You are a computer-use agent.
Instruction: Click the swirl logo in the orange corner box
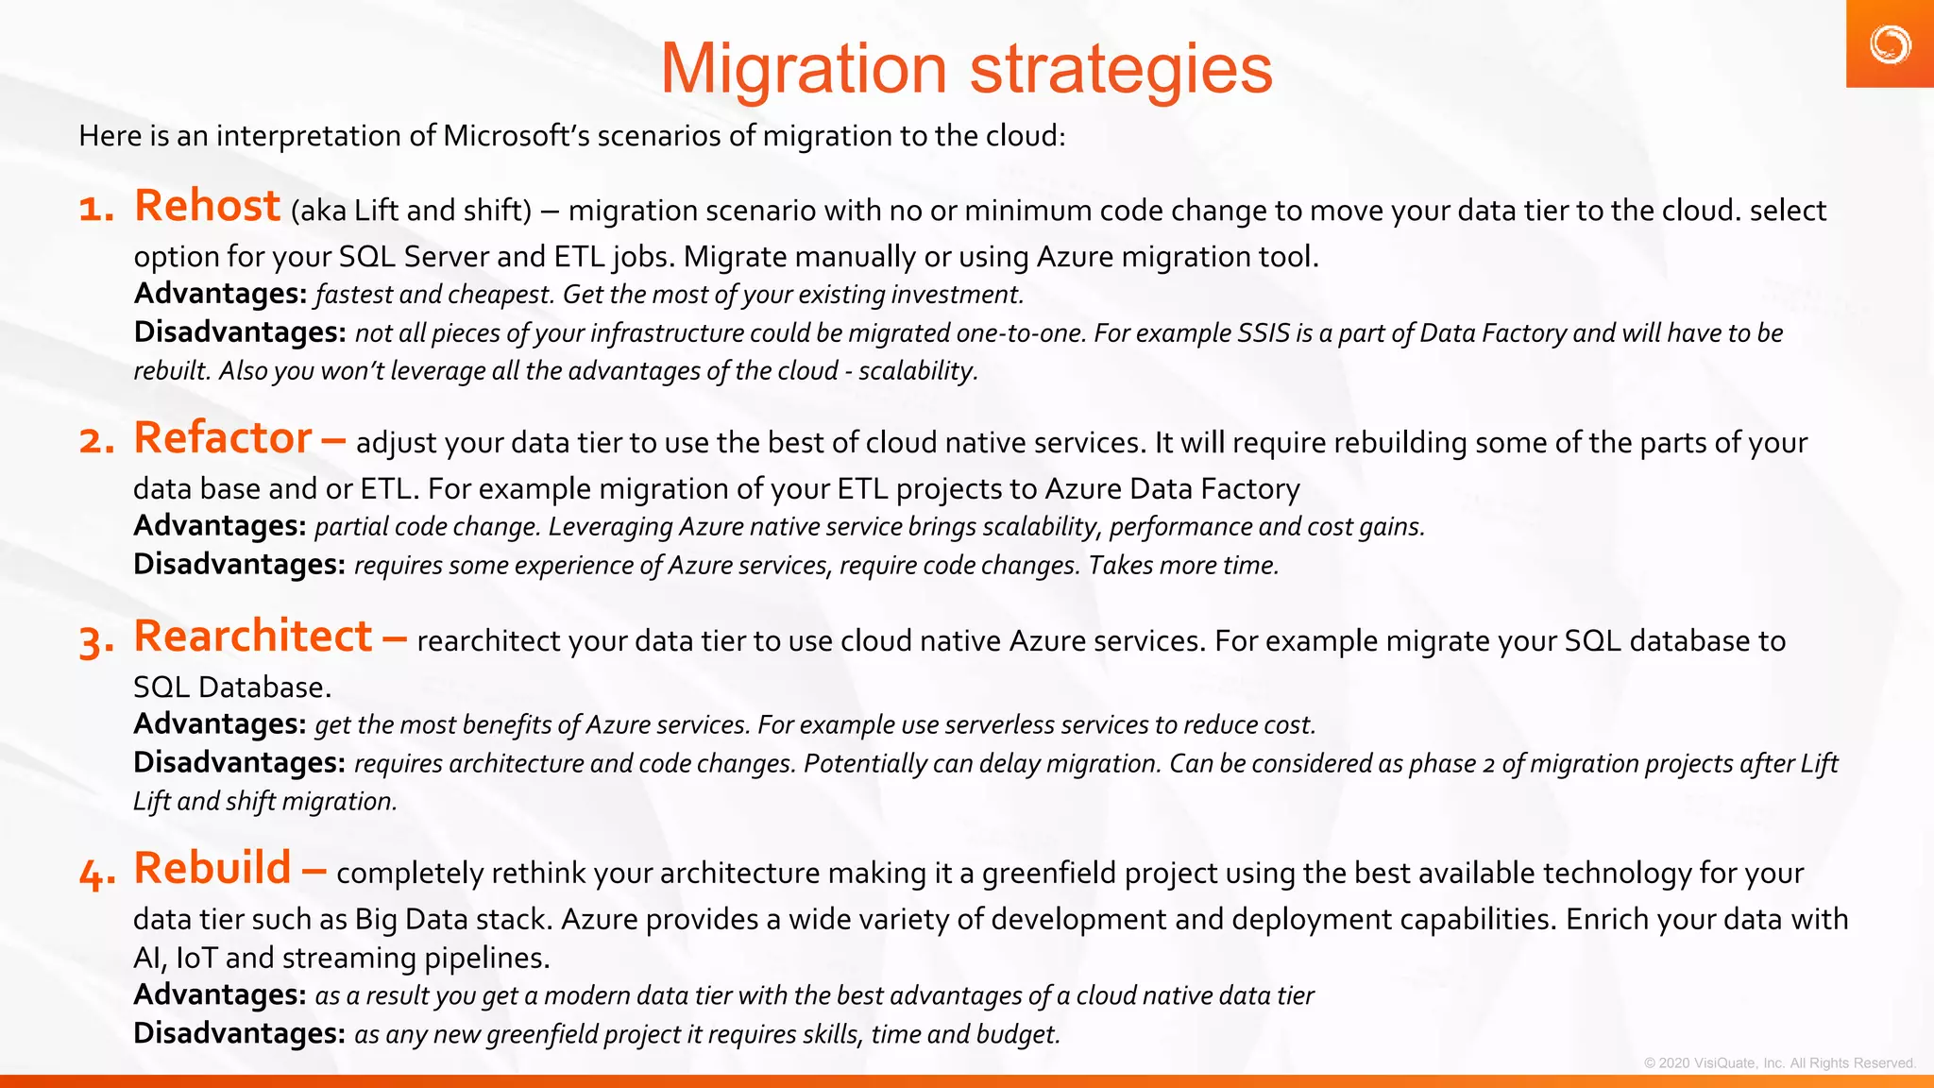tap(1890, 44)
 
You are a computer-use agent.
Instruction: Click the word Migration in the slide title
tap(803, 69)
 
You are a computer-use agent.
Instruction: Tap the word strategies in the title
tap(1121, 69)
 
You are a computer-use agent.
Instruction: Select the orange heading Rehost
tap(207, 206)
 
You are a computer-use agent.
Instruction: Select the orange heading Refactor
tap(223, 438)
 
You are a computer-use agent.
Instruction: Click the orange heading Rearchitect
tap(253, 637)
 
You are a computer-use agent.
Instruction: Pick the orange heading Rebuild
tap(212, 868)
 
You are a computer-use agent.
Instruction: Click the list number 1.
tap(95, 209)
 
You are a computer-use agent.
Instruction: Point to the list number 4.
tap(96, 874)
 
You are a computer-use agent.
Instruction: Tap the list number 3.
tap(96, 642)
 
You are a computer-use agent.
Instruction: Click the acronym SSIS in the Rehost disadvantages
tap(1264, 333)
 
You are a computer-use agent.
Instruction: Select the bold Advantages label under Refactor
tap(220, 526)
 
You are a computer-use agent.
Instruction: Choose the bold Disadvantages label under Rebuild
tap(239, 1033)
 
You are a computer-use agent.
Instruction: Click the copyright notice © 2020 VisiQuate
tap(1779, 1062)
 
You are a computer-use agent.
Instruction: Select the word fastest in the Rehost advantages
tap(354, 295)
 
